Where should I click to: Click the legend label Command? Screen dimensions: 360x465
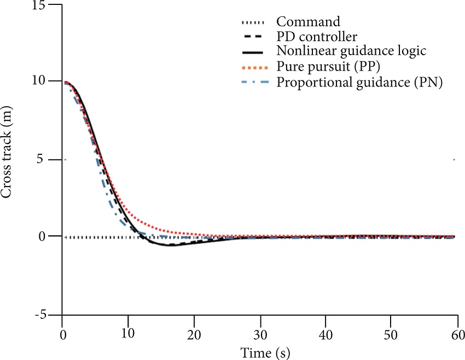(309, 22)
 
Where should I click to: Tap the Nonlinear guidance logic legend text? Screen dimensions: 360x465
(351, 52)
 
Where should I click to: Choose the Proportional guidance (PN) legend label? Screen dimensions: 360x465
(359, 83)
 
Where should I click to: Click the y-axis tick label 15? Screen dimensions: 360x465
(39, 5)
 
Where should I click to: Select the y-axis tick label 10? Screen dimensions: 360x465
(39, 81)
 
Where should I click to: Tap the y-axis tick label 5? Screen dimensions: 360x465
(43, 160)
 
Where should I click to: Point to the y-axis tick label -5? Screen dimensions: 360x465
(40, 316)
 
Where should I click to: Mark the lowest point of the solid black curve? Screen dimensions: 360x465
(170, 245)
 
